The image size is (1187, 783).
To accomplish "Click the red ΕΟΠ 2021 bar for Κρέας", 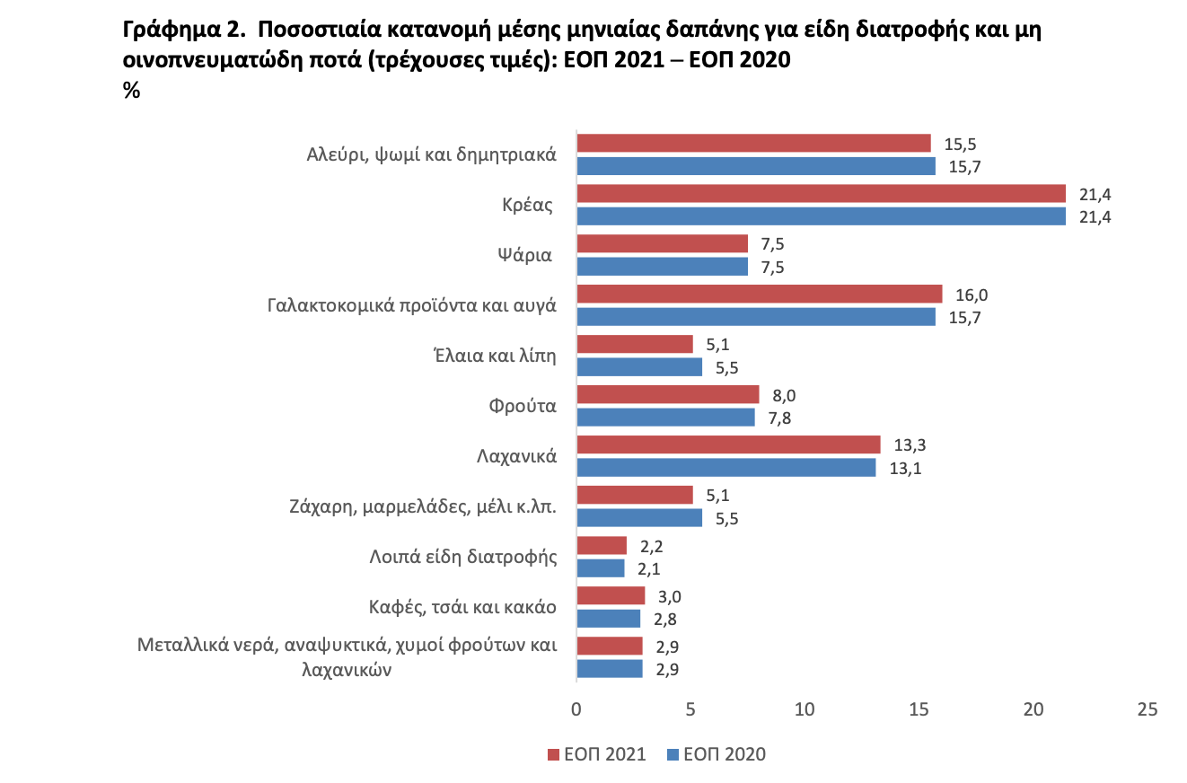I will pyautogui.click(x=821, y=194).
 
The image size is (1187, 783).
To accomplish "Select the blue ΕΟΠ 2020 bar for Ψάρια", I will pyautogui.click(x=662, y=266).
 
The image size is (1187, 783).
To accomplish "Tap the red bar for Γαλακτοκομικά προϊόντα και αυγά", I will pyautogui.click(x=759, y=295).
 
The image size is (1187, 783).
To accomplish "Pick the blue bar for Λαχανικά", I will pyautogui.click(x=725, y=467).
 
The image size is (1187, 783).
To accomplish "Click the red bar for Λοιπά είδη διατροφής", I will pyautogui.click(x=601, y=546).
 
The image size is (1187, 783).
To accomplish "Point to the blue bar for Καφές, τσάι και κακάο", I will pyautogui.click(x=608, y=618).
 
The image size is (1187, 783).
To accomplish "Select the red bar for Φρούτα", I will pyautogui.click(x=667, y=395).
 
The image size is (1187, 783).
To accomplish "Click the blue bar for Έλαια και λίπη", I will pyautogui.click(x=638, y=366).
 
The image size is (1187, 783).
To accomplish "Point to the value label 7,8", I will pyautogui.click(x=778, y=417).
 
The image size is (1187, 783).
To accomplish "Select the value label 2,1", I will pyautogui.click(x=648, y=567).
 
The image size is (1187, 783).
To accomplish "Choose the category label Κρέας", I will pyautogui.click(x=526, y=204).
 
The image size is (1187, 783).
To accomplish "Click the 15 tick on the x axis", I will pyautogui.click(x=919, y=708).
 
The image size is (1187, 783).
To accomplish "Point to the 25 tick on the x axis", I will pyautogui.click(x=1147, y=708).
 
